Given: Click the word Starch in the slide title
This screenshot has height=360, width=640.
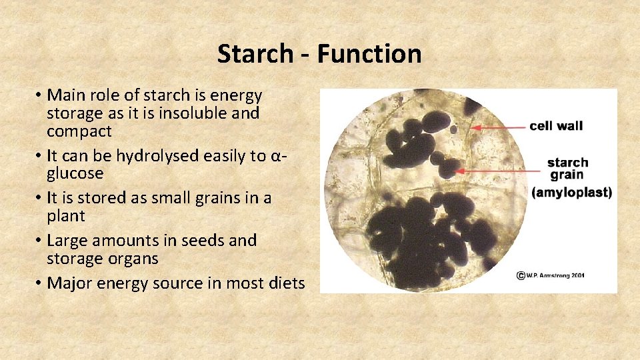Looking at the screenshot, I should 255,54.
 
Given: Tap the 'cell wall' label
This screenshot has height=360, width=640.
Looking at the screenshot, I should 556,126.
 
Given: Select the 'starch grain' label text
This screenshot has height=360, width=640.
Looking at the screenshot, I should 567,169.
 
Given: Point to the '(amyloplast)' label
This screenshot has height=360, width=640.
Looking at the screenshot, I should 571,192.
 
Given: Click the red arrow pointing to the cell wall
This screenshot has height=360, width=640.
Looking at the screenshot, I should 497,126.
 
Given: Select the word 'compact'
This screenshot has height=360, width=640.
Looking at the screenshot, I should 79,131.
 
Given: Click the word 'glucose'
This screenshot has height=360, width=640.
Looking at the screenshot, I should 75,173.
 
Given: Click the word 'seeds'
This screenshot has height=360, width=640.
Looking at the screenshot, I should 203,240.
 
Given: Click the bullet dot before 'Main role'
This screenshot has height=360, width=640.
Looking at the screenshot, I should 39,97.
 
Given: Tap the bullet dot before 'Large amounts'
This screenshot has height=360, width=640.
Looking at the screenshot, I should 39,241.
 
